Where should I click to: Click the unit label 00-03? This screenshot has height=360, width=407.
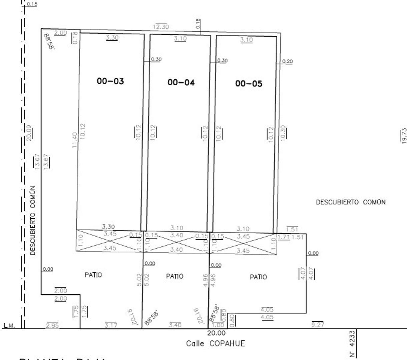[x=110, y=81]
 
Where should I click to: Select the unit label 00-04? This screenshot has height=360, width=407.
[x=181, y=82]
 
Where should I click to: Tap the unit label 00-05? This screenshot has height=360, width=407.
[x=249, y=84]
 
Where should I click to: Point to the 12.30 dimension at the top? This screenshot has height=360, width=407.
[x=161, y=27]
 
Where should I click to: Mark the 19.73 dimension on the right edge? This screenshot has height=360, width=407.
[x=404, y=136]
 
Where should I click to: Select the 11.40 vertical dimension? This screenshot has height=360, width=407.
[x=74, y=140]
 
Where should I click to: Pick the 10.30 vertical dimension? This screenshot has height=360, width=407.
[x=283, y=133]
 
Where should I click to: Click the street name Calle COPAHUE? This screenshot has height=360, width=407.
[x=216, y=343]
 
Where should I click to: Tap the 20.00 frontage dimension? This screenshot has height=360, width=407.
[x=216, y=333]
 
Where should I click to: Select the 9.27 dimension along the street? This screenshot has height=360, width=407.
[x=318, y=324]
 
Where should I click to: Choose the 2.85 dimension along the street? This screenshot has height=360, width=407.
[x=52, y=325]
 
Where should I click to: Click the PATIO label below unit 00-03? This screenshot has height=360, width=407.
[x=93, y=275]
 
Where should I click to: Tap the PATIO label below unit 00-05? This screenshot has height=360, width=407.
[x=258, y=277]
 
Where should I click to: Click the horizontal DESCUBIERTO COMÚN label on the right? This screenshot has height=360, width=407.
[x=351, y=202]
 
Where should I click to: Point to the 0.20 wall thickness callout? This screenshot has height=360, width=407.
[x=287, y=61]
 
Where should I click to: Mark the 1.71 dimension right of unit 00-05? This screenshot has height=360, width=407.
[x=283, y=237]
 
